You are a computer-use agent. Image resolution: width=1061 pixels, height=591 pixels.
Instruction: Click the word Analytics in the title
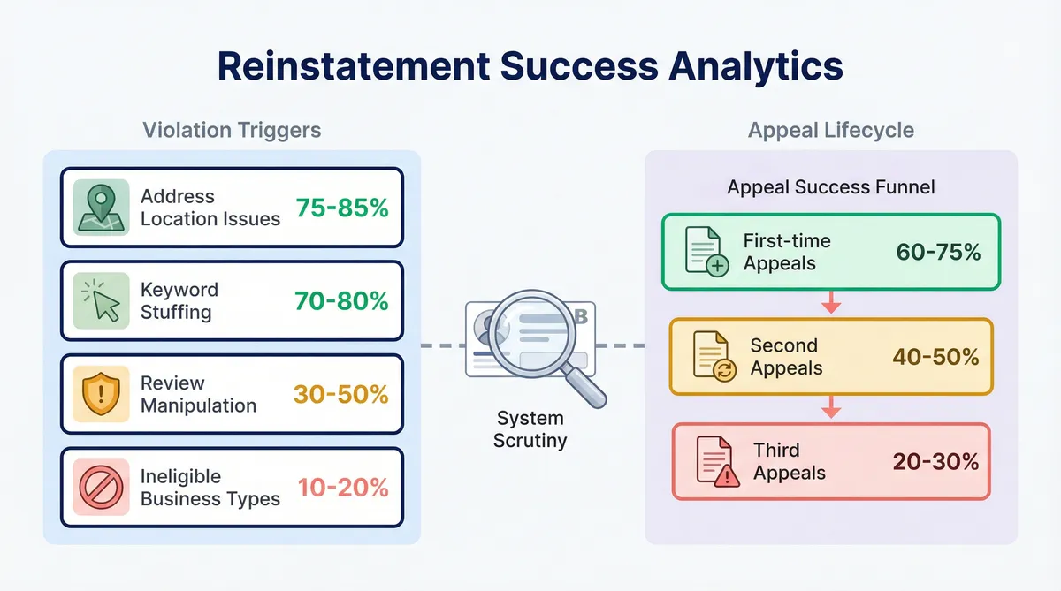click(x=756, y=67)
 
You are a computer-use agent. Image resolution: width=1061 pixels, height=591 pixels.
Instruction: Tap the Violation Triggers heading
click(x=232, y=130)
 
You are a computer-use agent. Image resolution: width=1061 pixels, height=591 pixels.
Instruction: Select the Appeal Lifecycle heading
click(x=831, y=130)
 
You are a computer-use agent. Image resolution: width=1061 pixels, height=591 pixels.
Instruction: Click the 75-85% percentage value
click(x=342, y=208)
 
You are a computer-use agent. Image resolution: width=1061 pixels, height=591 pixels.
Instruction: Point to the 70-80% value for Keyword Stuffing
click(x=341, y=301)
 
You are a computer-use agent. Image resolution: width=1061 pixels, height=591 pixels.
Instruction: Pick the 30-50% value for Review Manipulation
click(x=341, y=394)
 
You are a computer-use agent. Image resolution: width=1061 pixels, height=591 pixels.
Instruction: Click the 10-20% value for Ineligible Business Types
click(x=343, y=488)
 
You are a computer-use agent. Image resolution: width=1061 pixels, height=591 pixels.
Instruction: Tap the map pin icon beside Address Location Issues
click(x=101, y=208)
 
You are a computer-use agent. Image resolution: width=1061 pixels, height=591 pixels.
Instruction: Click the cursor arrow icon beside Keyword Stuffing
click(x=101, y=300)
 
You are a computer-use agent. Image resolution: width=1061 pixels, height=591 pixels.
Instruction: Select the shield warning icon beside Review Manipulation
click(x=101, y=394)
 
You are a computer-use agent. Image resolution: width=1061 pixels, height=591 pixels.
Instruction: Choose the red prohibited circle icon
click(x=101, y=487)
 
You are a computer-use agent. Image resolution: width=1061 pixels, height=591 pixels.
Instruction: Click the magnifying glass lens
click(x=531, y=333)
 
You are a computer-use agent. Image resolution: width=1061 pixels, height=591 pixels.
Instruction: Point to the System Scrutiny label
click(x=530, y=429)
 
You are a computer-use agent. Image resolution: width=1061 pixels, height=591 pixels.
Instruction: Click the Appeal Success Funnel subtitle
click(x=831, y=187)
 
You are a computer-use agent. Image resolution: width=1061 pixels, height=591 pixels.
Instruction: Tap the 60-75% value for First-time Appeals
click(x=938, y=252)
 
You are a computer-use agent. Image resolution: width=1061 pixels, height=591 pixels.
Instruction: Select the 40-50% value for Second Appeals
click(x=935, y=357)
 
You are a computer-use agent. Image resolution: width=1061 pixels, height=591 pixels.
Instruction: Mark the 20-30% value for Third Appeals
click(x=935, y=461)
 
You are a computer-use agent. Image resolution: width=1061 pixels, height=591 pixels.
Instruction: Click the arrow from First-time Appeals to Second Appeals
click(x=831, y=302)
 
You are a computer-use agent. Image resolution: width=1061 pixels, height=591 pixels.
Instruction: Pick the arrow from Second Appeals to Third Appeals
click(x=831, y=406)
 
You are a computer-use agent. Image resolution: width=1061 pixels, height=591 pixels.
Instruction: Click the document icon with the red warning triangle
click(x=718, y=461)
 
